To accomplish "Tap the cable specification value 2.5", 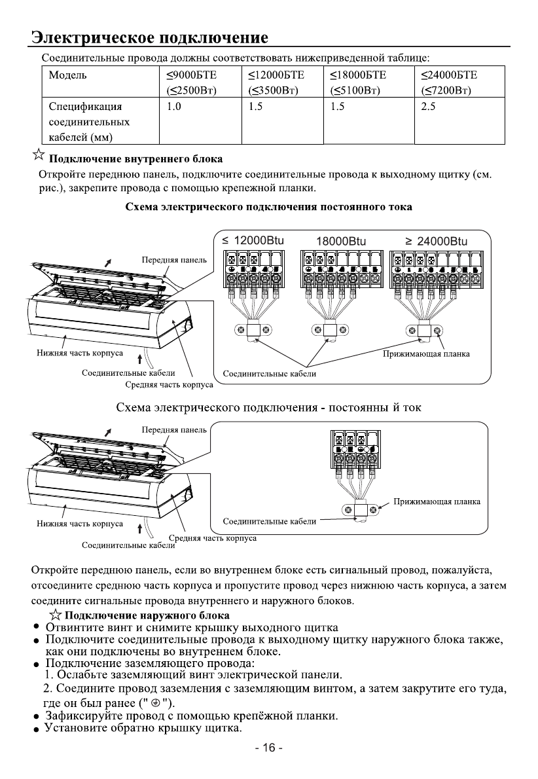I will pyautogui.click(x=429, y=107).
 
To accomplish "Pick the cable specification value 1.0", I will pyautogui.click(x=174, y=107).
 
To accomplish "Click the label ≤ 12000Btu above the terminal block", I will pyautogui.click(x=255, y=240).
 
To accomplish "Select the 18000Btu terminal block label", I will pyautogui.click(x=341, y=240).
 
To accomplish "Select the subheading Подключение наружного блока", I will pyautogui.click(x=148, y=615).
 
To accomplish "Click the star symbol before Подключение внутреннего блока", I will pyautogui.click(x=39, y=156).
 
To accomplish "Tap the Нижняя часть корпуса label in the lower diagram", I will pyautogui.click(x=79, y=524).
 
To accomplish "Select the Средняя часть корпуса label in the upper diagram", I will pyautogui.click(x=168, y=384).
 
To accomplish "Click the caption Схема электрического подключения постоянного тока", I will pyautogui.click(x=268, y=208).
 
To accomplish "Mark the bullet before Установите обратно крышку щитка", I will pyautogui.click(x=38, y=730).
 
